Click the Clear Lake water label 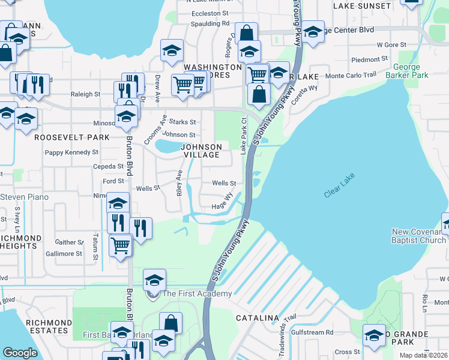point(340,186)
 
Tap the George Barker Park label point(411,71)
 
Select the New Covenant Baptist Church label point(418,236)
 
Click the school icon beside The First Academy point(154,281)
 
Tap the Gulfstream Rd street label point(312,332)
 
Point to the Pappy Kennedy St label point(71,152)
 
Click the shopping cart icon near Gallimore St point(121,245)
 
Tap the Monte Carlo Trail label point(351,76)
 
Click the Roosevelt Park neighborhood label point(71,137)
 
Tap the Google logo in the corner point(20,353)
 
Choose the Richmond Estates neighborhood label point(47,326)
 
